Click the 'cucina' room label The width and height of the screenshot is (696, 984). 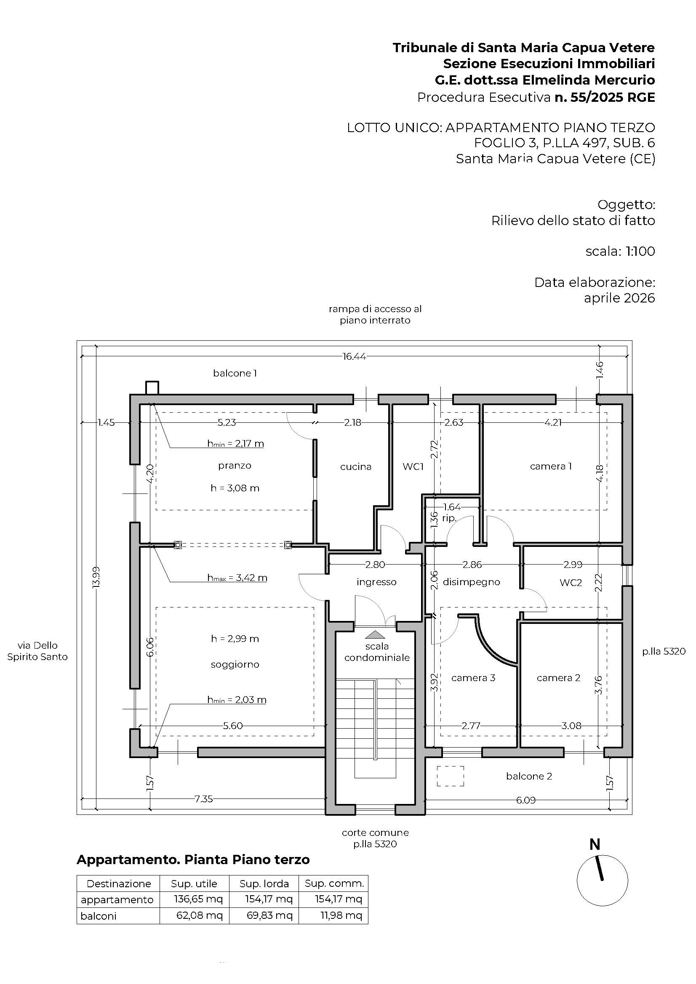tap(355, 467)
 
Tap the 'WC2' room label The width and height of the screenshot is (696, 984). tap(571, 582)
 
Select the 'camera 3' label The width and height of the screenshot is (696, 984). tap(473, 678)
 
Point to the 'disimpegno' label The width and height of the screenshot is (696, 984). tap(471, 582)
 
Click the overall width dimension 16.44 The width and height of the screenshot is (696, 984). tap(354, 356)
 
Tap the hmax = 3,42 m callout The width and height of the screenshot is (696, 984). tap(237, 578)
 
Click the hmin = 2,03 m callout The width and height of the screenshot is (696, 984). tap(237, 700)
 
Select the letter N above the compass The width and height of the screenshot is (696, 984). tap(595, 844)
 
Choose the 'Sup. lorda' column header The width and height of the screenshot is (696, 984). tap(264, 883)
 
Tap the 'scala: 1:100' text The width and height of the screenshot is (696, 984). tap(620, 251)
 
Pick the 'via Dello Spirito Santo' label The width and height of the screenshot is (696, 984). tap(37, 651)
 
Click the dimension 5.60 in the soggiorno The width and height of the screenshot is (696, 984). tap(233, 726)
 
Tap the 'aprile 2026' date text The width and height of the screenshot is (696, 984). tap(620, 298)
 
